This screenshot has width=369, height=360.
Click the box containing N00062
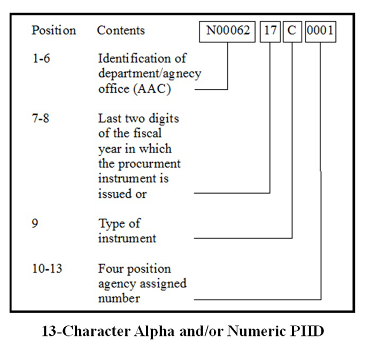(x=227, y=32)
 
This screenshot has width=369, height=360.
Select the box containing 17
(x=270, y=32)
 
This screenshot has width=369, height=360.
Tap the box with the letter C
(x=293, y=32)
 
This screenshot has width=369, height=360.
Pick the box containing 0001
(x=320, y=32)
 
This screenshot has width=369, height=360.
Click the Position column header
(x=54, y=30)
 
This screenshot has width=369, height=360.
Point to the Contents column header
(x=121, y=30)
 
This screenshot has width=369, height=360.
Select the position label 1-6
(x=41, y=58)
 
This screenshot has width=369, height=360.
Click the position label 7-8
(x=41, y=118)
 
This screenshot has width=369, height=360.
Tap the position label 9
(x=35, y=223)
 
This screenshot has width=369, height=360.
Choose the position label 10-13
(x=47, y=269)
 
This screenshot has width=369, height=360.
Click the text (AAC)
(x=152, y=89)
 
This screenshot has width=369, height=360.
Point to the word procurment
(x=149, y=164)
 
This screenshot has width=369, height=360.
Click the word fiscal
(x=147, y=133)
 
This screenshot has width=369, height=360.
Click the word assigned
(x=163, y=284)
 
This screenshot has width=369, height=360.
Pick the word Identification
(x=142, y=58)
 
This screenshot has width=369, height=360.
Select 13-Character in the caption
(x=86, y=331)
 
